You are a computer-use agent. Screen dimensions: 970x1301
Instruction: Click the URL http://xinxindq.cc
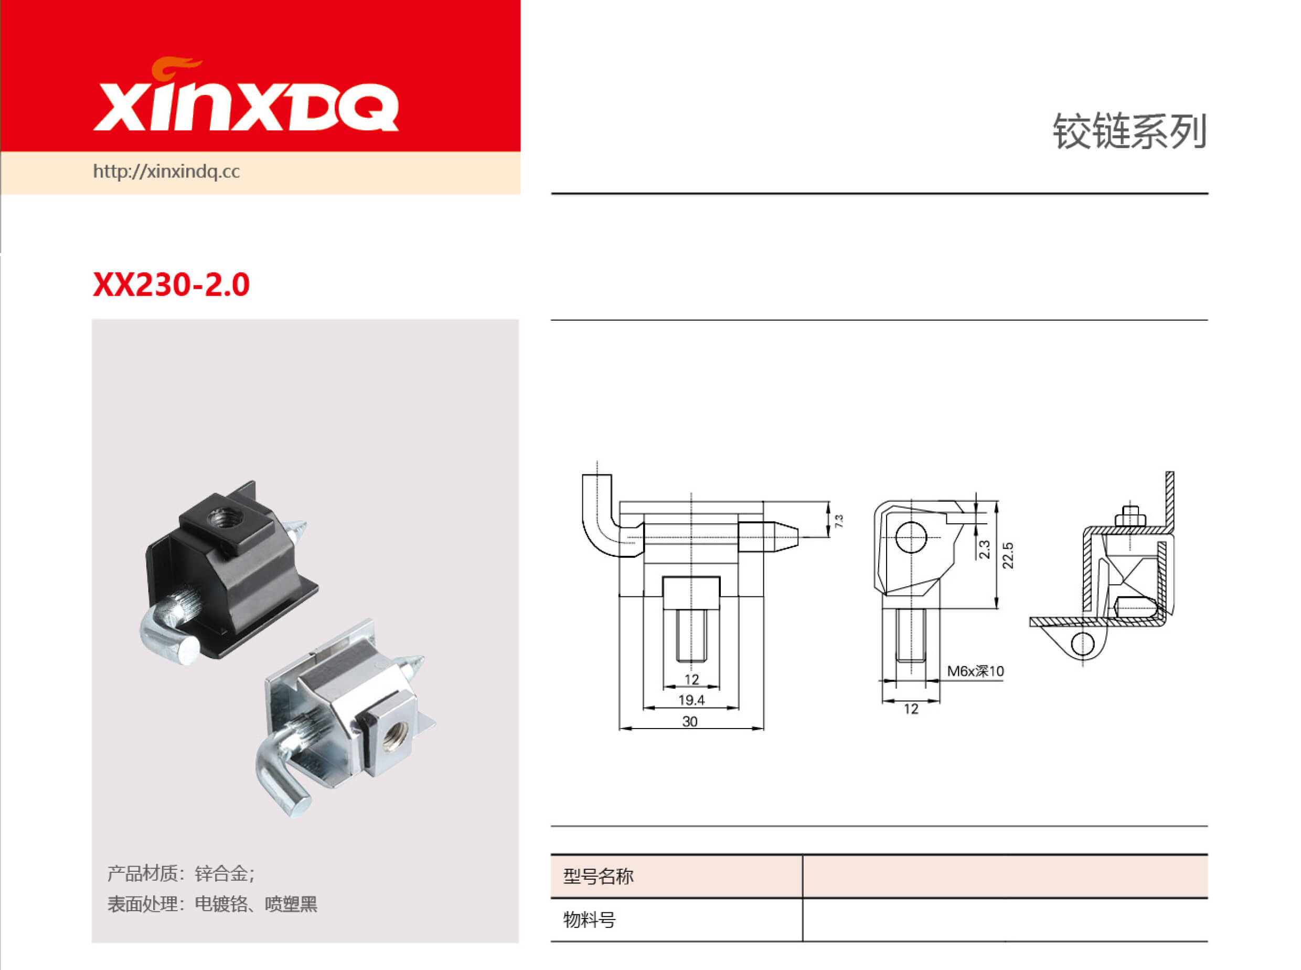(x=166, y=172)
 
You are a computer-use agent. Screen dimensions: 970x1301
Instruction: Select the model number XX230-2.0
(x=171, y=285)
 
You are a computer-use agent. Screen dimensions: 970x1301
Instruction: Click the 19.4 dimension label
(x=691, y=700)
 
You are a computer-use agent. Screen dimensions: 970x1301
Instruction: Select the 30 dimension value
(x=690, y=722)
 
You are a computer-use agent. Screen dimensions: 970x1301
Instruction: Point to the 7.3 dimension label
(x=839, y=520)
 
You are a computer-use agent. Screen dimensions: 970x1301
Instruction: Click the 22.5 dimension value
(x=1008, y=555)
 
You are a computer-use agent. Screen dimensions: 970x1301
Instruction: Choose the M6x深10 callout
(x=975, y=671)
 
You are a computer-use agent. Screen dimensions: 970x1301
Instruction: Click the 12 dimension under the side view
(x=911, y=709)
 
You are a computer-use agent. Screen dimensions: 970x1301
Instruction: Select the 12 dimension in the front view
(x=691, y=679)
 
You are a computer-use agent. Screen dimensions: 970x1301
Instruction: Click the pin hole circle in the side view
(x=911, y=537)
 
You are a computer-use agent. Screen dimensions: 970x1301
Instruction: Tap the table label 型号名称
(x=598, y=877)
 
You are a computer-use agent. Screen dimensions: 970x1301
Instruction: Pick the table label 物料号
(x=589, y=920)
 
